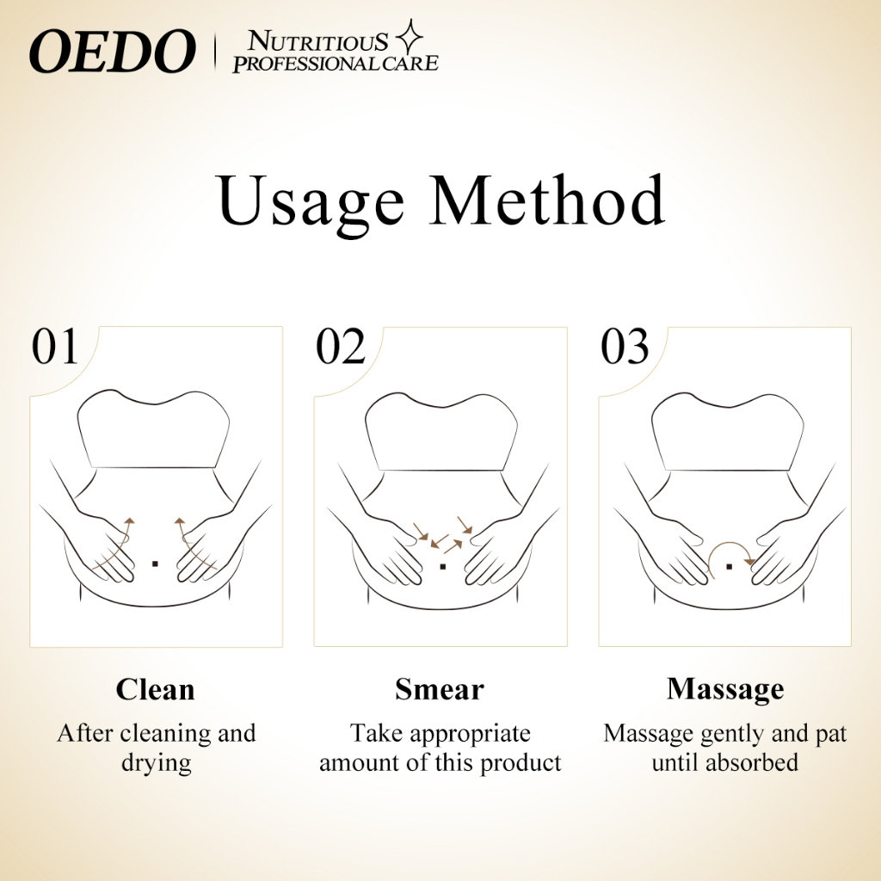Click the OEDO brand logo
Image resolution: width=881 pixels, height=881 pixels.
(112, 52)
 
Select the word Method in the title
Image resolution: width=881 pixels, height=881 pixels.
(548, 202)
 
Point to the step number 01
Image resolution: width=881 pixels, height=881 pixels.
(55, 348)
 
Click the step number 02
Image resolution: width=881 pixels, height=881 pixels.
(341, 348)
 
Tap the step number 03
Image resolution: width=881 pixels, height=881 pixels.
(625, 348)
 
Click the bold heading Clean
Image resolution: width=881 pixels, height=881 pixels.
(156, 689)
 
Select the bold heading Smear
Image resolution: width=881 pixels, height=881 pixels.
(440, 689)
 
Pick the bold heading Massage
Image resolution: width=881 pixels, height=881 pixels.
(725, 689)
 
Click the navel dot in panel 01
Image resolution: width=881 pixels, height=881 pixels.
(155, 564)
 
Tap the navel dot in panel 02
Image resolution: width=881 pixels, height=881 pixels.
(441, 566)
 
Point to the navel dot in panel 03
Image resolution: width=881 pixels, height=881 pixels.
(729, 566)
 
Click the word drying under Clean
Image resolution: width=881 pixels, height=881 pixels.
(156, 763)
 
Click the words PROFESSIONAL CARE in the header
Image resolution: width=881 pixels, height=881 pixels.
(336, 63)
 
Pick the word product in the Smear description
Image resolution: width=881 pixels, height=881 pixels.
(521, 763)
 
